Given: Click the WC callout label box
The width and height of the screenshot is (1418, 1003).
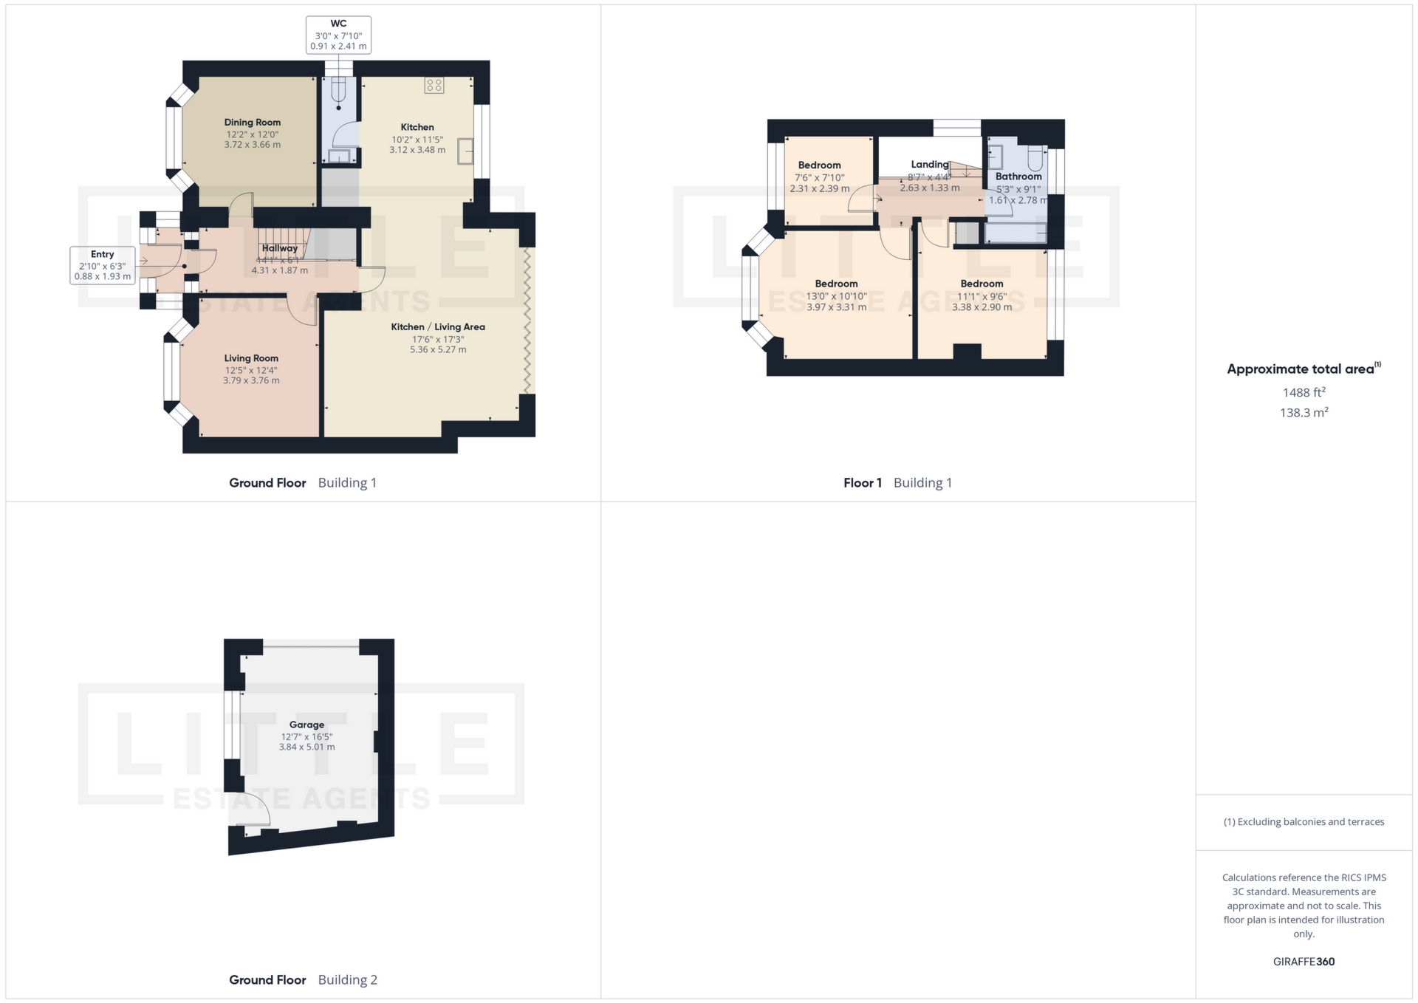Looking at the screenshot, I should pyautogui.click(x=338, y=35).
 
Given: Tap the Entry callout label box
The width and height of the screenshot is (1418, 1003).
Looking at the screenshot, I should pyautogui.click(x=103, y=266).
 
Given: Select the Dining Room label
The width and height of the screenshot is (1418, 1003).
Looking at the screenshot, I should pyautogui.click(x=253, y=123).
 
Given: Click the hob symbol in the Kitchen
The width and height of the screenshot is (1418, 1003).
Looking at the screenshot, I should pyautogui.click(x=434, y=85).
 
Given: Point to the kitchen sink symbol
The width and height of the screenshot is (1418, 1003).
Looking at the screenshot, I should pyautogui.click(x=465, y=151).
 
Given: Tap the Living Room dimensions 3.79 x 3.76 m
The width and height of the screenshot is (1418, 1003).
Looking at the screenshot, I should pyautogui.click(x=251, y=381).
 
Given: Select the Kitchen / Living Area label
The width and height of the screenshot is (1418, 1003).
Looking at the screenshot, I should pyautogui.click(x=438, y=326).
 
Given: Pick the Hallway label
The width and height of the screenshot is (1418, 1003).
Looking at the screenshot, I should pyautogui.click(x=280, y=248).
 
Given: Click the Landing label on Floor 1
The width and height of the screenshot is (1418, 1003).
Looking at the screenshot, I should pyautogui.click(x=929, y=164).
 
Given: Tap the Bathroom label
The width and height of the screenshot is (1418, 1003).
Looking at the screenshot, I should pyautogui.click(x=1018, y=177).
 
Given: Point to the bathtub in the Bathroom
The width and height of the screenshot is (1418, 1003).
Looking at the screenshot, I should pyautogui.click(x=1015, y=233).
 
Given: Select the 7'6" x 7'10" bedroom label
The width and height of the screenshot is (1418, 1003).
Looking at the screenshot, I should pyautogui.click(x=820, y=177).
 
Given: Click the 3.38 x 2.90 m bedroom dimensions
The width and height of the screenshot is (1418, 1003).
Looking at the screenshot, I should pyautogui.click(x=982, y=307).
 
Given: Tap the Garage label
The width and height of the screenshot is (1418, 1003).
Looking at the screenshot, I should pyautogui.click(x=306, y=725).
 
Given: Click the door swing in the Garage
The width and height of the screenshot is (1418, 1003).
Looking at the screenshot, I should pyautogui.click(x=255, y=815).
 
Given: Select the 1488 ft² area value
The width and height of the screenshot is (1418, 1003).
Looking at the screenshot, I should pyautogui.click(x=1304, y=393).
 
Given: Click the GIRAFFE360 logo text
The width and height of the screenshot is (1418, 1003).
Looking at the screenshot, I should pyautogui.click(x=1304, y=962).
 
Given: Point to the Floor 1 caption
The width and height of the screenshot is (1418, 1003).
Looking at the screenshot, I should pyautogui.click(x=863, y=483).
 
